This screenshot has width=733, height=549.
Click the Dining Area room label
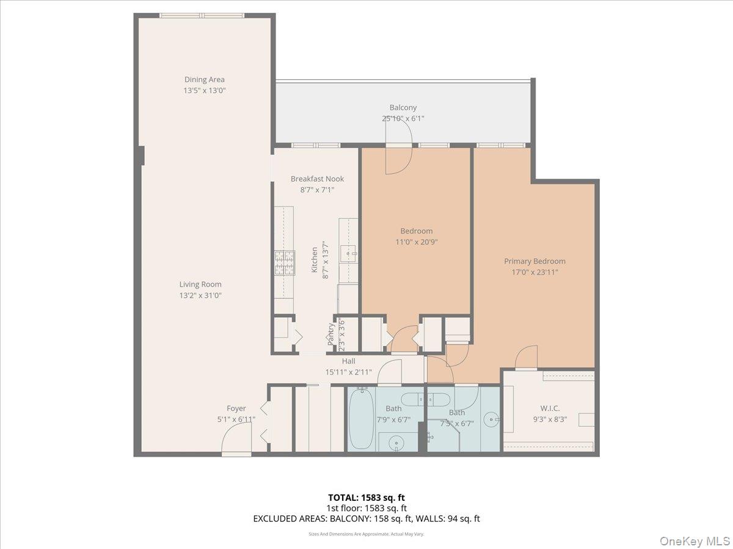pos(205,79)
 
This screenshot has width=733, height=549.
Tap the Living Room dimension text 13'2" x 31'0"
pos(200,295)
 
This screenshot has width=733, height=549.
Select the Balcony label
pos(403,108)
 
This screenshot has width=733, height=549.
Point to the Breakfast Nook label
pos(317,179)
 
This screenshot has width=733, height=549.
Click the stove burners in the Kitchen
pos(284,263)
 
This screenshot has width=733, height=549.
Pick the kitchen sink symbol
pos(349,252)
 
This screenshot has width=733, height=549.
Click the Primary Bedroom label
pos(534,261)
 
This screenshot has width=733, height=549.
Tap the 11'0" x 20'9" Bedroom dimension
pos(417,242)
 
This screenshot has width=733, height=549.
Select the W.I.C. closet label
pos(550,408)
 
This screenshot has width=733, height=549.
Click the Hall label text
pos(348,361)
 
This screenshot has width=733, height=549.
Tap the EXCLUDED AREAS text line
pos(366,518)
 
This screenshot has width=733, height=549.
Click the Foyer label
pos(236,409)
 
